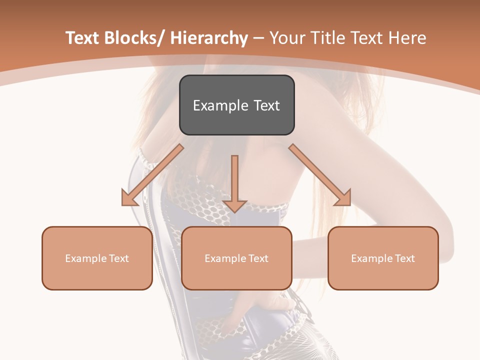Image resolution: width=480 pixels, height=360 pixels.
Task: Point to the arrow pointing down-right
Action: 320,175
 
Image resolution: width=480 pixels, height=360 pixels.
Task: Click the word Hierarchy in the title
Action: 209,38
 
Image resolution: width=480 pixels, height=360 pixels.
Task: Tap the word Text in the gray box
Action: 266,105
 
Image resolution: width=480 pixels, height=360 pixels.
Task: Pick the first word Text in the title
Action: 82,38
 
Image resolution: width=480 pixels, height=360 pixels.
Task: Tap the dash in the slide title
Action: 258,39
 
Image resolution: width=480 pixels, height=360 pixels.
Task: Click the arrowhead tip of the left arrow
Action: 123,204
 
